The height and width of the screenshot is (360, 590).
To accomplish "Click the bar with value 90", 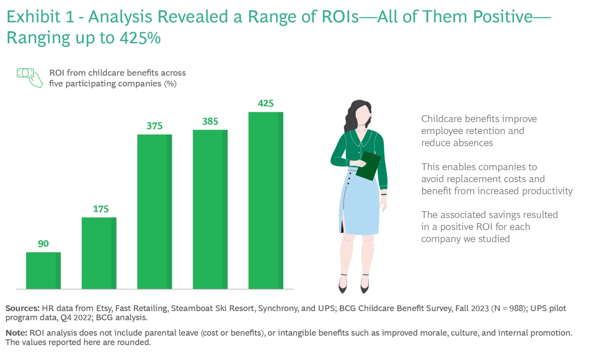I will [43, 271].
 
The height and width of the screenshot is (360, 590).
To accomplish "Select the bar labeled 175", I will [99, 253].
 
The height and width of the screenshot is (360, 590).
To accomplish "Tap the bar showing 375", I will [154, 212].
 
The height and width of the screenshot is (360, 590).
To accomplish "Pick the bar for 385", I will [210, 210].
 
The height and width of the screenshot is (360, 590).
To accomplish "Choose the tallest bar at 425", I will [265, 201].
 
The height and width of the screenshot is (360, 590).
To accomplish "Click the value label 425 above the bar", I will [265, 103].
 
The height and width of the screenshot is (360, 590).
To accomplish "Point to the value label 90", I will [43, 244].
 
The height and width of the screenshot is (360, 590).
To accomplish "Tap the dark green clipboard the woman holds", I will [368, 166].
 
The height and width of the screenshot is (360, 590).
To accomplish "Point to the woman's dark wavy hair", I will [354, 115].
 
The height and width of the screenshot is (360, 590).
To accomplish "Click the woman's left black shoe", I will [343, 285].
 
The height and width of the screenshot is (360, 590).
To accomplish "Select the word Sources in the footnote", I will [22, 308].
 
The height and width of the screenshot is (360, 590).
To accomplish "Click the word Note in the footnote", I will [16, 333].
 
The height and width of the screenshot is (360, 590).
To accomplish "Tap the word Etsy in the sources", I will [104, 308].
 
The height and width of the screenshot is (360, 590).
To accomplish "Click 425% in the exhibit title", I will [140, 38].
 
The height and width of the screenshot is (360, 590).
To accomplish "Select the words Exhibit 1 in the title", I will [40, 17].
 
